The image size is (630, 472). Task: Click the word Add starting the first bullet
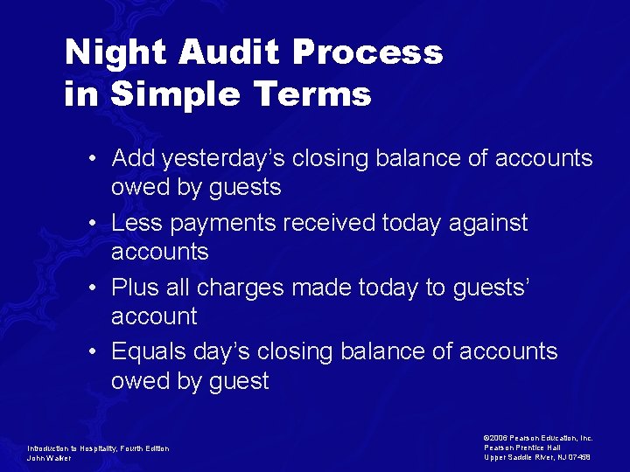130,158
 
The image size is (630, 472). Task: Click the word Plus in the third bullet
135,287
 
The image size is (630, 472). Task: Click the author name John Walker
49,458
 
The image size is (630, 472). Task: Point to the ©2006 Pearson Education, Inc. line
537,438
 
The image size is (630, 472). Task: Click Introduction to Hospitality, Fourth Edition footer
98,448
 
